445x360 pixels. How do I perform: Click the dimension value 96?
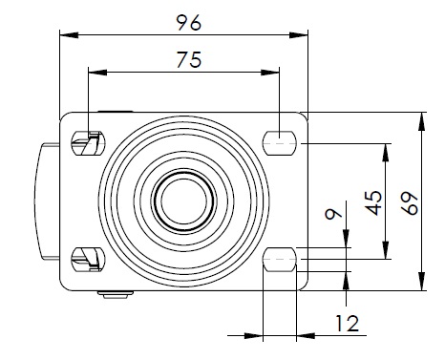(x=189, y=23)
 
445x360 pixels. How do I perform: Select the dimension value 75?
(x=189, y=59)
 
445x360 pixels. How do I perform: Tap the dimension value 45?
(x=373, y=202)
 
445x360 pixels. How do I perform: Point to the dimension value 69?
(x=410, y=202)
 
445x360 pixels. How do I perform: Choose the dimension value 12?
(x=348, y=324)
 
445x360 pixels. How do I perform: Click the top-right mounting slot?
(x=280, y=142)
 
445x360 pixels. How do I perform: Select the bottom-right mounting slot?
(x=280, y=260)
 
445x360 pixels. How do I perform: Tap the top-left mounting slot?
(x=88, y=143)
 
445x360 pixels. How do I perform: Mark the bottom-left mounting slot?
(x=88, y=260)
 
